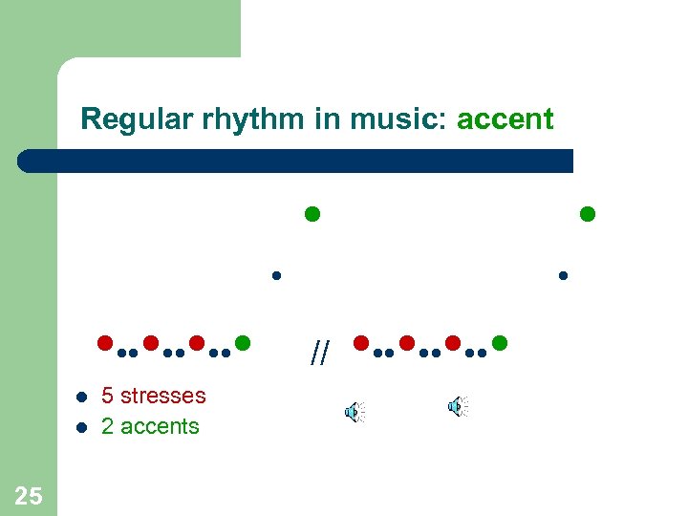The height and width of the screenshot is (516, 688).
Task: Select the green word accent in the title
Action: [505, 119]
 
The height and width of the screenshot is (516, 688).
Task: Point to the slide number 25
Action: [29, 495]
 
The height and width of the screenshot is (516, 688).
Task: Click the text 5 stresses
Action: [153, 396]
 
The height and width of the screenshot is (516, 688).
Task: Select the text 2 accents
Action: [150, 426]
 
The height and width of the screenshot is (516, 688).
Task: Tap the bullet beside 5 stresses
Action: [82, 397]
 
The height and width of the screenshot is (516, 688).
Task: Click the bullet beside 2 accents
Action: [82, 427]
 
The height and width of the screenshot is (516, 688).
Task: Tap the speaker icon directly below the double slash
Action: [354, 412]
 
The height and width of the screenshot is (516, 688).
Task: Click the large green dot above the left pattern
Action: [312, 213]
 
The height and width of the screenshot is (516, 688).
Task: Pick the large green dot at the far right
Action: [588, 213]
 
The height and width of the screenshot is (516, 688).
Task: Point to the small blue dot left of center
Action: [275, 276]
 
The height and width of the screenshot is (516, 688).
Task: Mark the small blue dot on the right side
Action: [563, 276]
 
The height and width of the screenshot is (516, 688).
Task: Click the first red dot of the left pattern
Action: [105, 342]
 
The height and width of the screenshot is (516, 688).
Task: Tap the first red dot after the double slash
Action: [361, 342]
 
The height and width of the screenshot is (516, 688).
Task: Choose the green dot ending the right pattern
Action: [499, 342]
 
